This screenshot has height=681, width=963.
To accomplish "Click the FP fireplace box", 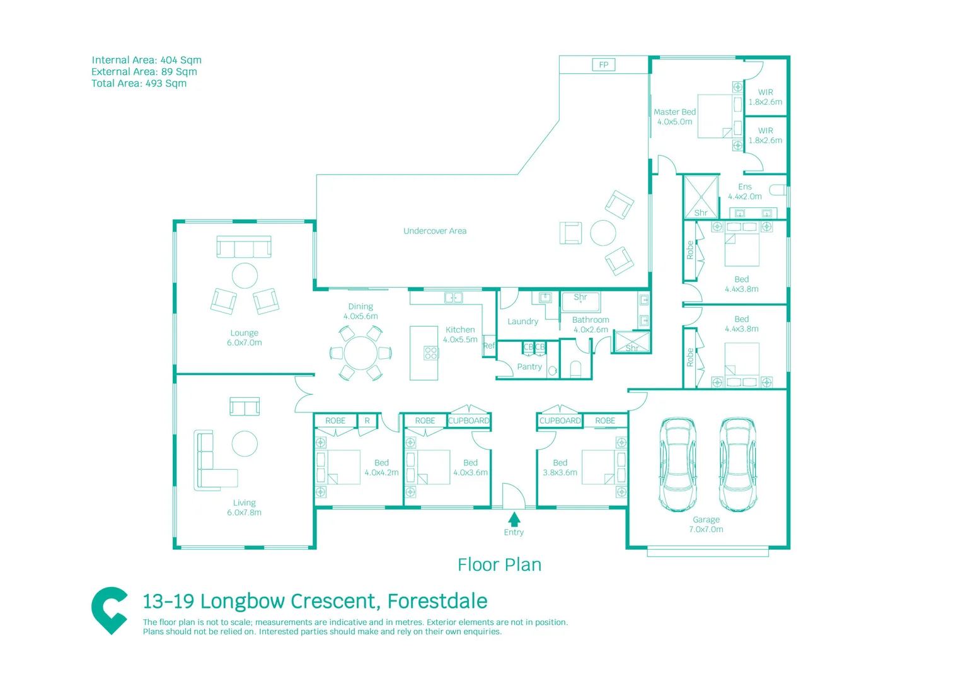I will point(603,65).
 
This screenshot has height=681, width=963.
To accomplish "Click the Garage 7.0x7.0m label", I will point(706,525).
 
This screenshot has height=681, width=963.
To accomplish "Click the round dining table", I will point(360,353).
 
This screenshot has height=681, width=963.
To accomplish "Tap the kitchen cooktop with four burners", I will point(431,352).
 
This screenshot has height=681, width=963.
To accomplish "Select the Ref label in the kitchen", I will point(489,346).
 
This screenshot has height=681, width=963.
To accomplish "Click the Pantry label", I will point(529,366).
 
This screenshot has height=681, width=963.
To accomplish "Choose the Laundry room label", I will point(523,321).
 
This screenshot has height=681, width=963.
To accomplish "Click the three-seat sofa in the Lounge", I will point(244,247).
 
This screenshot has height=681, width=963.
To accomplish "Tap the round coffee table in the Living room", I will point(245,443).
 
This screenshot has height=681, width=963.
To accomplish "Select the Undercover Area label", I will point(435,231).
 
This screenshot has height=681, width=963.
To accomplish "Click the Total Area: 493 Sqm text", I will point(139,83).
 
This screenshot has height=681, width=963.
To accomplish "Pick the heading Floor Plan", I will point(499,564).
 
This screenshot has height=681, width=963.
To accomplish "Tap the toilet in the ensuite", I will point(778,190).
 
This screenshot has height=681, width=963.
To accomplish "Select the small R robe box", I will point(367,421).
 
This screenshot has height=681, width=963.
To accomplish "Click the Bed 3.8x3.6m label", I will point(560,467).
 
